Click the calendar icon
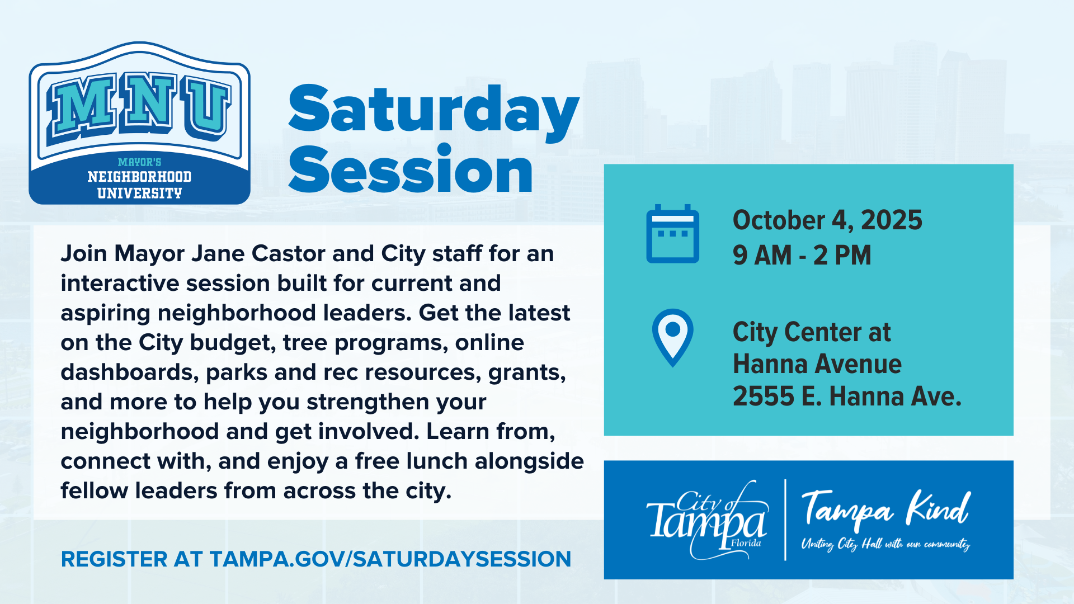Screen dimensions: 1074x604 (x=672, y=234)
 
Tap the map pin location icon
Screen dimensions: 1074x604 (x=672, y=338)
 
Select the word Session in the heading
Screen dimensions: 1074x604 (x=411, y=169)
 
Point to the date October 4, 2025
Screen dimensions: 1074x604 (x=827, y=220)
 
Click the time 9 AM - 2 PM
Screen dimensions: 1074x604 (x=802, y=255)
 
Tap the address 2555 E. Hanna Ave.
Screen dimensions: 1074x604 (x=847, y=396)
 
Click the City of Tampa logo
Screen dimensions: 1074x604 (x=707, y=520)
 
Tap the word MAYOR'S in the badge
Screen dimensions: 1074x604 (x=139, y=162)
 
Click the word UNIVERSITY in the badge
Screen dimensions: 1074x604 (x=139, y=194)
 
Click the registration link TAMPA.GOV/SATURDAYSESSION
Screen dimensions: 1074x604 (x=390, y=559)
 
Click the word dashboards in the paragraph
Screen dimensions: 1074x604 (x=130, y=372)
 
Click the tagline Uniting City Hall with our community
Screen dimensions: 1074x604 (x=886, y=544)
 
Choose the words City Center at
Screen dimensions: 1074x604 (x=812, y=332)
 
